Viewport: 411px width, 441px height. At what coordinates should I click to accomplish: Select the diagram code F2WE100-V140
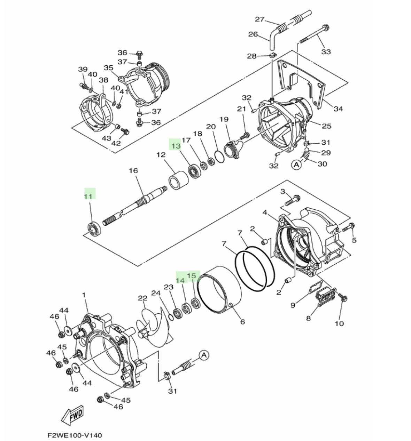tap(75, 435)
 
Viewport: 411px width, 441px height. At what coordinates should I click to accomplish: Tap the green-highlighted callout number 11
tap(88, 197)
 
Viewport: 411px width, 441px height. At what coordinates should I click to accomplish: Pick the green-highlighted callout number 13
tap(176, 146)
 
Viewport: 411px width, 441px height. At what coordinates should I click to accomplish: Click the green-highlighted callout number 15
tap(192, 276)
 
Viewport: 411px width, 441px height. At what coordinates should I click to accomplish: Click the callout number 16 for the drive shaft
tap(133, 170)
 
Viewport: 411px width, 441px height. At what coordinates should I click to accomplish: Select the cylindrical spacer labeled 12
tap(179, 180)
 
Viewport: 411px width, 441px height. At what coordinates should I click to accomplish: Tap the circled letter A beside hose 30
tap(296, 165)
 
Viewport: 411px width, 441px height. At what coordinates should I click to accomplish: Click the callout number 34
tap(338, 109)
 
